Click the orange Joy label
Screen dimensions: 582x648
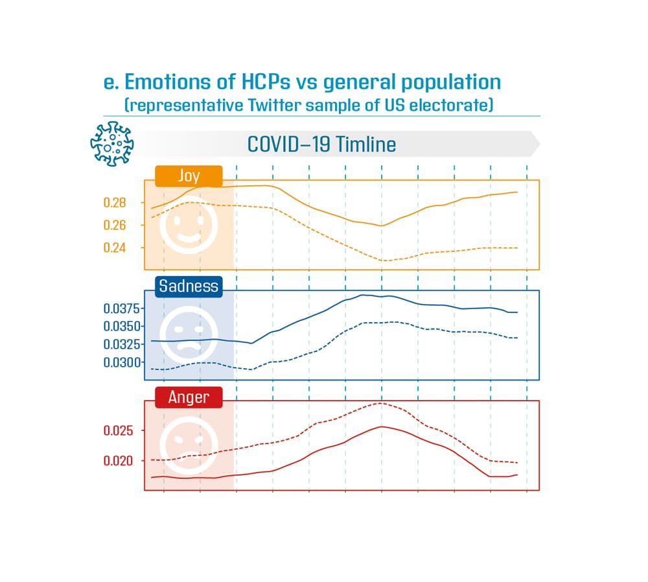[189, 176]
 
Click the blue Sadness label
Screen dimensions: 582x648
[189, 286]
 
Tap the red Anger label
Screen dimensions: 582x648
[189, 397]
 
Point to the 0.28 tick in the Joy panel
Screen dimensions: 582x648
[115, 203]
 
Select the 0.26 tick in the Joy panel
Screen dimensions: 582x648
[115, 225]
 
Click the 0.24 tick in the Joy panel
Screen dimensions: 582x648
[115, 248]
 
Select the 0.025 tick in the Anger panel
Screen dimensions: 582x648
[117, 431]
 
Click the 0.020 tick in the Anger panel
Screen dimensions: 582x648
[117, 461]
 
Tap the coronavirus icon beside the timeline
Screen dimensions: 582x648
[111, 143]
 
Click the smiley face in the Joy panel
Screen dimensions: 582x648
[189, 225]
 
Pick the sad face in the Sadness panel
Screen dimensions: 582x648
[189, 334]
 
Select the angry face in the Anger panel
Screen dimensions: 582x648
[189, 445]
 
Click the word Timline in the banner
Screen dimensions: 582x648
[364, 144]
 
